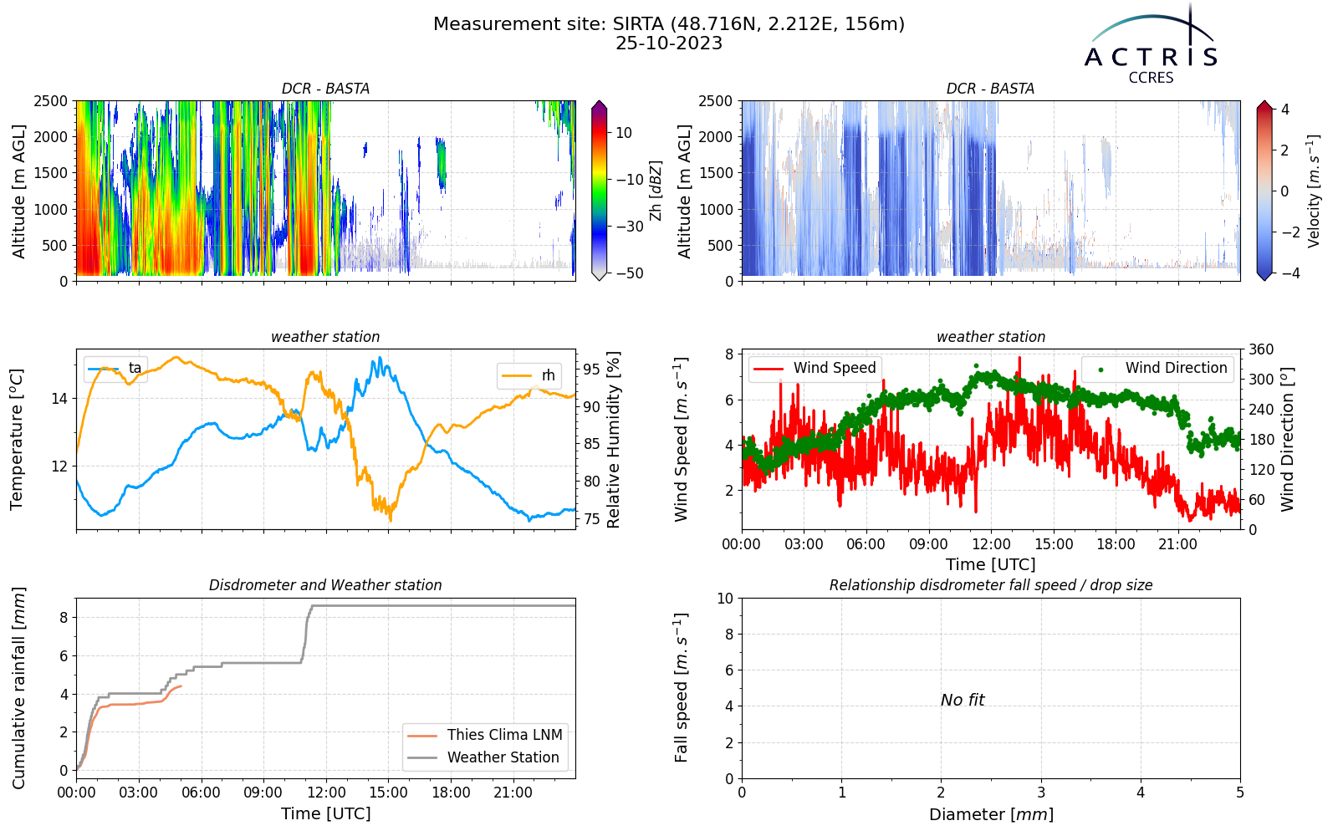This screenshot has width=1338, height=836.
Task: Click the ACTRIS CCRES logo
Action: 1151,45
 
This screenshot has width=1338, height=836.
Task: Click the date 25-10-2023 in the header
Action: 669,43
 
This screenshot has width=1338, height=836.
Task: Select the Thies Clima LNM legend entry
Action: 485,735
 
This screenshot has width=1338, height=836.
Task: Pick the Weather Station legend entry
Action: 483,757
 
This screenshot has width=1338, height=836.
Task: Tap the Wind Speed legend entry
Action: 815,368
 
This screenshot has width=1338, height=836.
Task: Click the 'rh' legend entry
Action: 528,375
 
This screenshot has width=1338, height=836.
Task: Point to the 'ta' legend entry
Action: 115,368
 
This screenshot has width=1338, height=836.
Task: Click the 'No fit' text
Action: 963,700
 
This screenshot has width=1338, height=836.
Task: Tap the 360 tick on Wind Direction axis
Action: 1262,349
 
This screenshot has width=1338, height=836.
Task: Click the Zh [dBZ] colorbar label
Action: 656,191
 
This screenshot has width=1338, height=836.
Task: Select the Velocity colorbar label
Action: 1313,191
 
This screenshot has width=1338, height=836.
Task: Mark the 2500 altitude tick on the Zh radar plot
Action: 51,101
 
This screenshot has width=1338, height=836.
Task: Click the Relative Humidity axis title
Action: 613,440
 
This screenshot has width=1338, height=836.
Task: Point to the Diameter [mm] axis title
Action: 991,814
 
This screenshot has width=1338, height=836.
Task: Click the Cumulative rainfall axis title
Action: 18,688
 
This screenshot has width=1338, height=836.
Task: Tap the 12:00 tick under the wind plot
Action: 991,544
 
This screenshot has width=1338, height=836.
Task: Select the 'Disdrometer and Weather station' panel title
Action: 325,585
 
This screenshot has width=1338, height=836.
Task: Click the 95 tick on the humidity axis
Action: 591,370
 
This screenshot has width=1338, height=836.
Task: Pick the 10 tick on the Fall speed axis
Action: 725,599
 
